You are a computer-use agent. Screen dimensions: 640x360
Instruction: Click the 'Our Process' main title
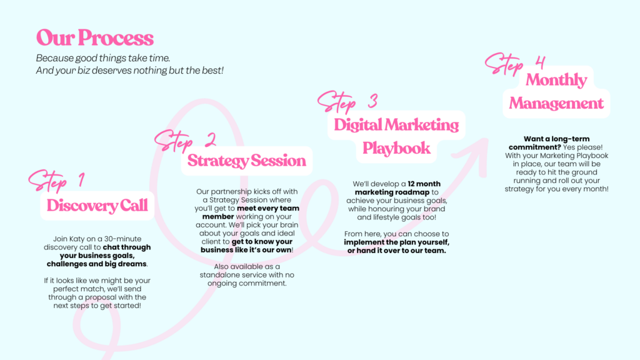tap(95, 38)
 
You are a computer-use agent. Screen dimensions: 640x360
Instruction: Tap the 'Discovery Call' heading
tap(97, 205)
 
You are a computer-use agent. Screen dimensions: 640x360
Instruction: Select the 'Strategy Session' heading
tap(246, 161)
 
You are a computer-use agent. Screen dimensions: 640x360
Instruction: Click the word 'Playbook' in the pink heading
tap(396, 148)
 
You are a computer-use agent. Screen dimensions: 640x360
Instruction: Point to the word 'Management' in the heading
tap(556, 103)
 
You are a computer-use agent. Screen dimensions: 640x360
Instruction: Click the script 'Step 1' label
tap(57, 181)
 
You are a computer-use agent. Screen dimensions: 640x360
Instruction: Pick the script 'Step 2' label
tap(185, 141)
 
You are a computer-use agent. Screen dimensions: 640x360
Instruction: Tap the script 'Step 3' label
tap(347, 101)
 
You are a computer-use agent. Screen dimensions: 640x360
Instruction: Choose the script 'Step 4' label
tap(515, 64)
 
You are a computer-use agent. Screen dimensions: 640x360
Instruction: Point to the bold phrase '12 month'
tap(424, 184)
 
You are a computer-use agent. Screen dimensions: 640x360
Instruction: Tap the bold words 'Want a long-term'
tap(556, 139)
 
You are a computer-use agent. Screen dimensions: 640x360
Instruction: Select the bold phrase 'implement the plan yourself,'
tap(396, 242)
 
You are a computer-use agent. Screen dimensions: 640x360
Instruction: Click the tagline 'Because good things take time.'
tap(103, 58)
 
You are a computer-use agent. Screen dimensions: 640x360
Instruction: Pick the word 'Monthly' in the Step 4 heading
tap(556, 80)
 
